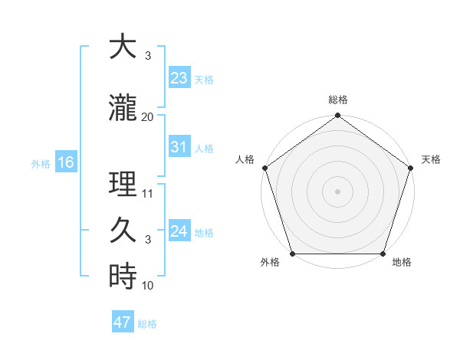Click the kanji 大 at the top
coord(123,47)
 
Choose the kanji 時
coord(123,277)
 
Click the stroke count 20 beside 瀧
coord(148,116)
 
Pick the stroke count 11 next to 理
coord(148,194)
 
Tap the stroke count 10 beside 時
coord(148,286)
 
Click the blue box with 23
coord(179,77)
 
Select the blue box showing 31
coord(179,147)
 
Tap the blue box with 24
coord(179,231)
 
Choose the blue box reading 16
coord(65,162)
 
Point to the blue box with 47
coord(123,322)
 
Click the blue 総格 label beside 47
coord(147,324)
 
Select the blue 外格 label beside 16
coord(41,163)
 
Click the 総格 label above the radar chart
coord(337,100)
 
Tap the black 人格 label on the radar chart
coord(245,159)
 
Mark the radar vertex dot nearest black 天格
coord(411,168)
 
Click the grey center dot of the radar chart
coord(337,191)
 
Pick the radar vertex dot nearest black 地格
coord(383,254)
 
